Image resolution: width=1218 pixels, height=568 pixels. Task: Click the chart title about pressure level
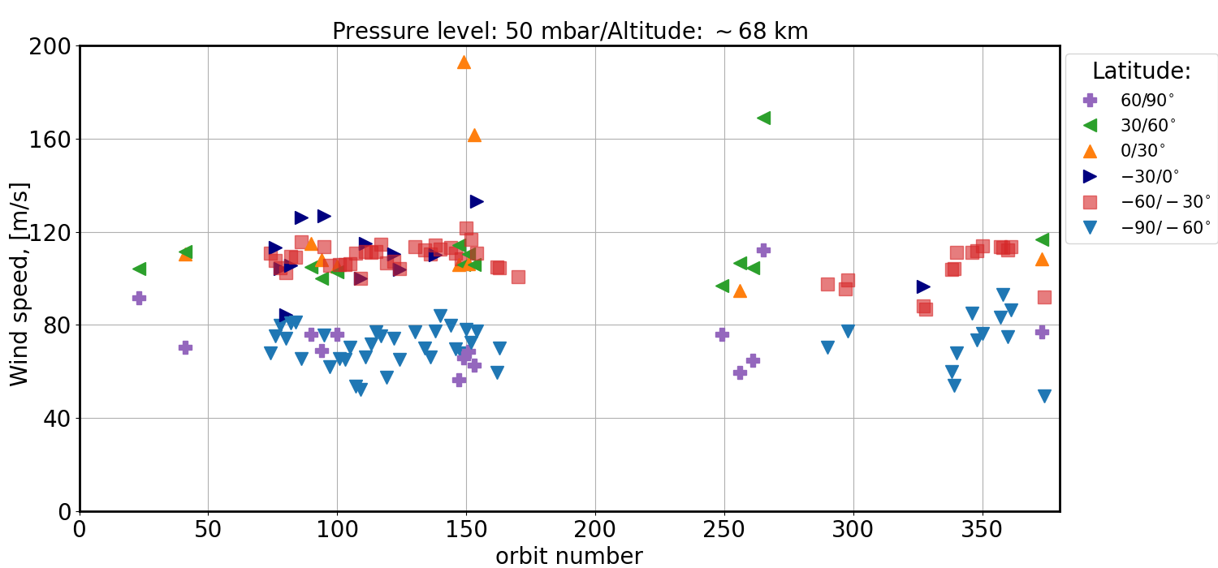click(x=570, y=31)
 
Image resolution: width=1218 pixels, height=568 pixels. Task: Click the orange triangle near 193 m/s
click(x=464, y=62)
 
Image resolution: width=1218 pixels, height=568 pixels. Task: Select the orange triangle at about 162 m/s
click(x=474, y=136)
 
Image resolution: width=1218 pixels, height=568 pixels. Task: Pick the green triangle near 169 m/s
click(x=763, y=118)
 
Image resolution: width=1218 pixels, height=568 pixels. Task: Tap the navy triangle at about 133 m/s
click(x=477, y=201)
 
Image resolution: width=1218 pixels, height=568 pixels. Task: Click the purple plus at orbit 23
click(x=139, y=298)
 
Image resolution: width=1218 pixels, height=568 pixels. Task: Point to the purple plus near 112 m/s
click(x=763, y=250)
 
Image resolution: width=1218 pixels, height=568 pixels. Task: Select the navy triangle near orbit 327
click(x=923, y=286)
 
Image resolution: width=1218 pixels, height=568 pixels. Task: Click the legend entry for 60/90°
click(x=1147, y=100)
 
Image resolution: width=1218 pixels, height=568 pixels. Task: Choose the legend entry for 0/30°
click(x=1142, y=150)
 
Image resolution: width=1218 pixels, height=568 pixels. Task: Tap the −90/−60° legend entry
click(x=1165, y=227)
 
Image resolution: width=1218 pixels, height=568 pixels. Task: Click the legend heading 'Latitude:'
click(x=1141, y=71)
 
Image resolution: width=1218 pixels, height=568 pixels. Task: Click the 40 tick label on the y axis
click(x=60, y=419)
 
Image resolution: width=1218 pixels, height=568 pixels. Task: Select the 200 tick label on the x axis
click(x=595, y=530)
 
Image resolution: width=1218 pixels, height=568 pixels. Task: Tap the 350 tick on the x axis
click(x=983, y=530)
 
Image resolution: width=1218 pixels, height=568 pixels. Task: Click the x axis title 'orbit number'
click(x=569, y=556)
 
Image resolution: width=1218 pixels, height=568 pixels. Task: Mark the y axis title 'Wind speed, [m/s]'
click(x=19, y=284)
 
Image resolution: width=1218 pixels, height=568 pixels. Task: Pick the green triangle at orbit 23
click(x=139, y=269)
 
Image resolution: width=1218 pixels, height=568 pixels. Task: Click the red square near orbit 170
click(x=518, y=277)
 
